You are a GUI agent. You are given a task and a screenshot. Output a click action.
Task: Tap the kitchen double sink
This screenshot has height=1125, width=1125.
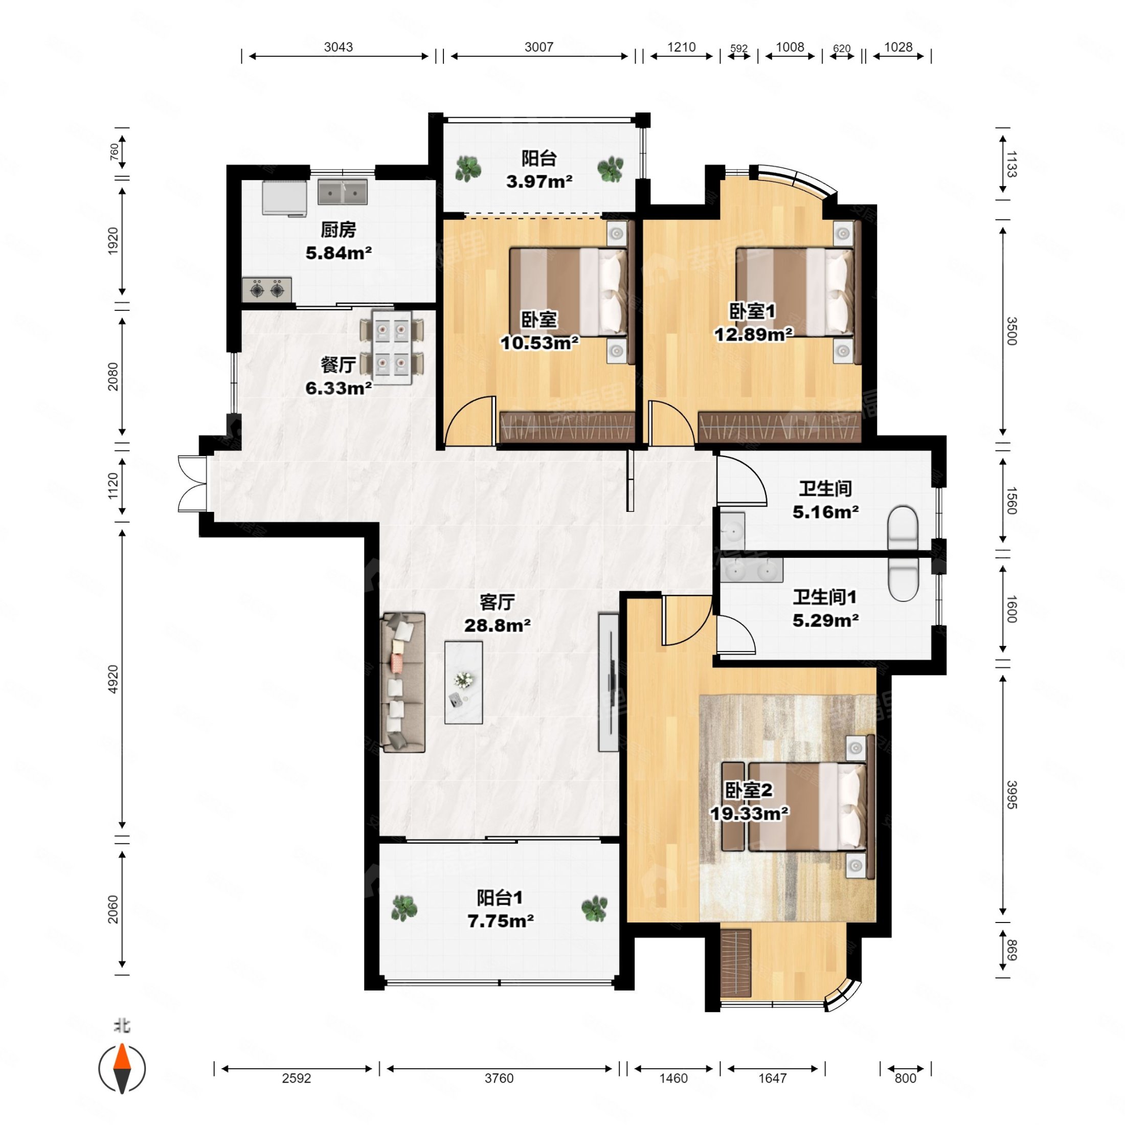tap(343, 192)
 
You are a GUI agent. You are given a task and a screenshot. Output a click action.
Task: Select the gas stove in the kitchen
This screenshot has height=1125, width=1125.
tap(267, 289)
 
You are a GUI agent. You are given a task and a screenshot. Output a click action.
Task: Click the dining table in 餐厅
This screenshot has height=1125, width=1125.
tap(392, 347)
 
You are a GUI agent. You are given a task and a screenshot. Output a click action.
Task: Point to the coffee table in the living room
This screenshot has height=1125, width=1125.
tap(463, 683)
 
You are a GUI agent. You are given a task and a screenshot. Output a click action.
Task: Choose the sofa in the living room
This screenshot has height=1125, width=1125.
tap(403, 682)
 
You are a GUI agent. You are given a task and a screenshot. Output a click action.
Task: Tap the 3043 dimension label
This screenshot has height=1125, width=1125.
tap(339, 47)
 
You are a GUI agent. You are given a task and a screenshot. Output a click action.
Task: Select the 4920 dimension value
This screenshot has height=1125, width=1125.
tap(113, 679)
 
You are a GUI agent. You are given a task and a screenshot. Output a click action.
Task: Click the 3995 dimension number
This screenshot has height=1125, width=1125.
tap(1011, 794)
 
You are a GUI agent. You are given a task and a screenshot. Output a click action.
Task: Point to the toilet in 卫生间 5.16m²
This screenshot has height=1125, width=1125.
tap(903, 528)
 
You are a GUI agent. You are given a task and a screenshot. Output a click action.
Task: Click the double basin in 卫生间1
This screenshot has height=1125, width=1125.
tap(751, 571)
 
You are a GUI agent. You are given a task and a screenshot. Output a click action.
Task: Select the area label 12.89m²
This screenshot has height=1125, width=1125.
tap(753, 334)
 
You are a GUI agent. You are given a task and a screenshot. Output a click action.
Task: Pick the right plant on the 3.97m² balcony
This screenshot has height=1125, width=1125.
tap(610, 169)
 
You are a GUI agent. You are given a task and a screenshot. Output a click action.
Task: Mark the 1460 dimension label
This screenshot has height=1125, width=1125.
tap(673, 1078)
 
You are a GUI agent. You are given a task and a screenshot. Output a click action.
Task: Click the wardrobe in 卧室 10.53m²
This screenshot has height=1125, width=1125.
tap(567, 427)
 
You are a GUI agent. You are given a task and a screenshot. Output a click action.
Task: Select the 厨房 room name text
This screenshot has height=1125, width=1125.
tap(339, 230)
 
